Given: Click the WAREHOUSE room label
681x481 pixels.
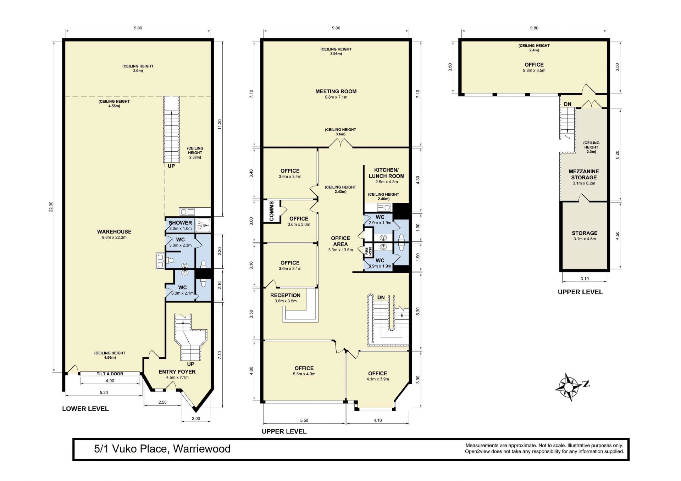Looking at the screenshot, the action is (x=114, y=231).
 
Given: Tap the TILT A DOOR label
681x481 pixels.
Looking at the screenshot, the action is (x=110, y=374).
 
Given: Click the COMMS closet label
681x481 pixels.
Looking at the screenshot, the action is (x=272, y=211).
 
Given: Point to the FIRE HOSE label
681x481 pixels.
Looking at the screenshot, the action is (x=368, y=251).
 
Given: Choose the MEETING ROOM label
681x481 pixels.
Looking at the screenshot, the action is (x=336, y=91).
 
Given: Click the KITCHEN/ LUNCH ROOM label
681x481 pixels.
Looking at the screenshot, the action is (x=386, y=173).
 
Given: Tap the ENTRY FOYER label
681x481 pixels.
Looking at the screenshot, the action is (x=177, y=371).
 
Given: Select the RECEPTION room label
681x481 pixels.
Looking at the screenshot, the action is (x=285, y=295).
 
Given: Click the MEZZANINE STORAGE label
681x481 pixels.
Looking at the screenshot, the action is (x=584, y=174).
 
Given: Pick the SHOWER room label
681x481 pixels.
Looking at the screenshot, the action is (x=180, y=223).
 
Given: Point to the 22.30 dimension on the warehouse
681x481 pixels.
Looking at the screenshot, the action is (x=51, y=207).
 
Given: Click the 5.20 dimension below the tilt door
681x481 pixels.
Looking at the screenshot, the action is (x=104, y=392).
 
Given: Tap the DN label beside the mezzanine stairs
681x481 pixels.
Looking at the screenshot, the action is (x=567, y=104).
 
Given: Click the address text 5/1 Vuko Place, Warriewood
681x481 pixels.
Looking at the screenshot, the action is (x=162, y=449).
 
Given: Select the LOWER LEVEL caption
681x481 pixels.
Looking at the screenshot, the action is (x=85, y=409).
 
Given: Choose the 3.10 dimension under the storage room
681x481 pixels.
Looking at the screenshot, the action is (x=585, y=279).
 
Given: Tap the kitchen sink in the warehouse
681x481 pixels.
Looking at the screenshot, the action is (x=187, y=212).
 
